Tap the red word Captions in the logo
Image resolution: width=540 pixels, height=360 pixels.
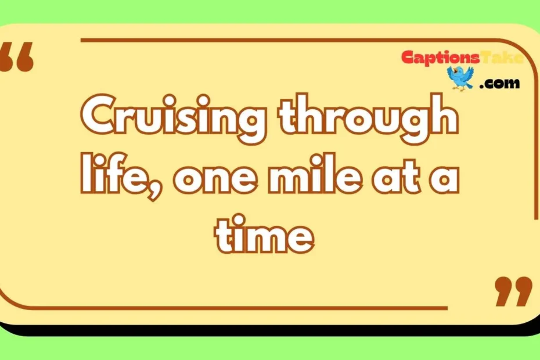point(441,57)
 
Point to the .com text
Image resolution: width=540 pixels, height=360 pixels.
point(501,84)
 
